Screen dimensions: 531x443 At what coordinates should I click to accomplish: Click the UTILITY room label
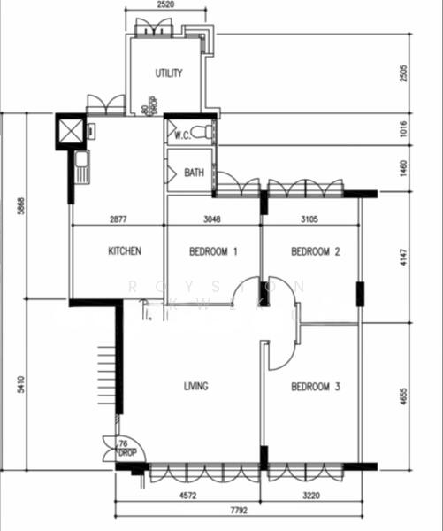[169, 73]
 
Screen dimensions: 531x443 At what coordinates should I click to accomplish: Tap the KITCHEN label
[125, 251]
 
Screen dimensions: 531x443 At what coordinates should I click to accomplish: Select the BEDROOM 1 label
[214, 251]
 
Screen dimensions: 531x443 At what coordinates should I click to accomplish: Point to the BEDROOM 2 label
[317, 251]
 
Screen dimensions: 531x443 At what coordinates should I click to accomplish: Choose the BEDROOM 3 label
[317, 387]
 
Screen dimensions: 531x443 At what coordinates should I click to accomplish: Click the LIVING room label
[195, 387]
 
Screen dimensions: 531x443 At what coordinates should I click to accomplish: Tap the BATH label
[194, 173]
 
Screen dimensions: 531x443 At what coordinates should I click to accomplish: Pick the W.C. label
[183, 135]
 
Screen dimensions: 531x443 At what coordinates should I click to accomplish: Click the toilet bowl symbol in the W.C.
[202, 133]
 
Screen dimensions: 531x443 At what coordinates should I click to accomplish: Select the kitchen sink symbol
[81, 165]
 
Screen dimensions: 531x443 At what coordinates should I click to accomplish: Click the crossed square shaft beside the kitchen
[70, 131]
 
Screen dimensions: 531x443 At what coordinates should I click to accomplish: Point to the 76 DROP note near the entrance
[126, 448]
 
